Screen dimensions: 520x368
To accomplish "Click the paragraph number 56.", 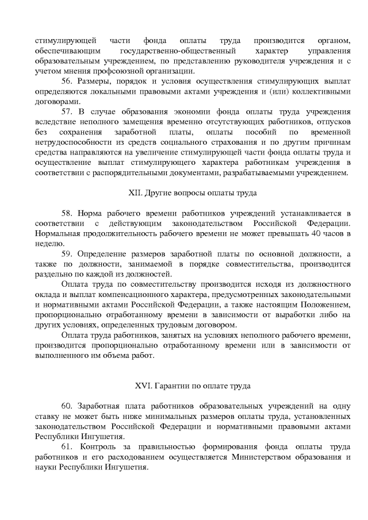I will (x=67, y=82).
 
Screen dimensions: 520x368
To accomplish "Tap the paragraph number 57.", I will (x=67, y=111).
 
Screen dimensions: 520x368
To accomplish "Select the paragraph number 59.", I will (x=67, y=253).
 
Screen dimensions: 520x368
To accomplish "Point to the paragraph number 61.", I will (x=67, y=446).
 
